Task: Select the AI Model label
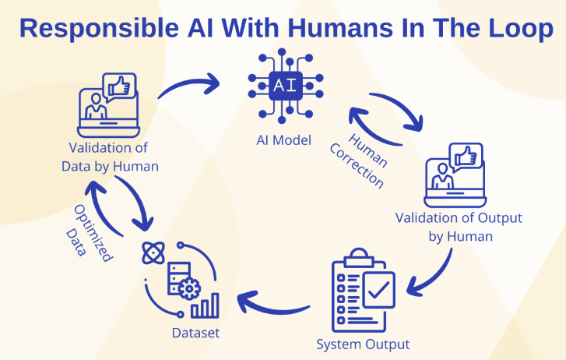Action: click(283, 140)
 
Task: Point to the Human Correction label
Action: click(367, 159)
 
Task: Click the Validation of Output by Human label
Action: click(459, 227)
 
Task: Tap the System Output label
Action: click(363, 343)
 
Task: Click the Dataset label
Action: click(195, 333)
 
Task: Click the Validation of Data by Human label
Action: click(110, 156)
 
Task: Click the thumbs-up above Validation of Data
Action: click(119, 86)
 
